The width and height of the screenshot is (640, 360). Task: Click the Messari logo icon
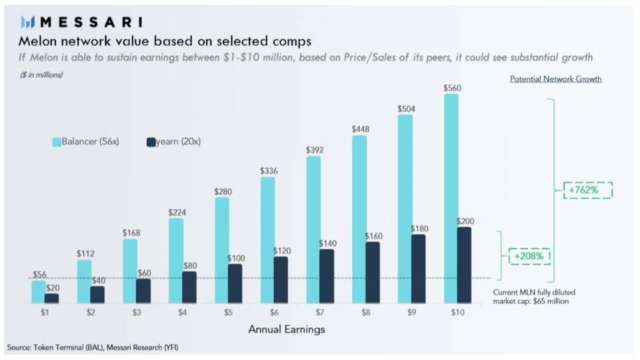coord(27,23)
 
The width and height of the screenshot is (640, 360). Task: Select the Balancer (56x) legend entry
coord(85,142)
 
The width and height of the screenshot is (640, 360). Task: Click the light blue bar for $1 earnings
coord(39,292)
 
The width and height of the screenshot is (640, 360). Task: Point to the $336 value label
coord(268,171)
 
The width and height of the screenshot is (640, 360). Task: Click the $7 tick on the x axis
coord(321,311)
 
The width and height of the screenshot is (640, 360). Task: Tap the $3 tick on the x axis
coord(137,311)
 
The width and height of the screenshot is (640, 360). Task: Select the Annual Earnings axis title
coord(287,329)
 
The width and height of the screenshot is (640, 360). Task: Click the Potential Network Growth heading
coord(555,79)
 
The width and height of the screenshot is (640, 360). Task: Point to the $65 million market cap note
coord(531,297)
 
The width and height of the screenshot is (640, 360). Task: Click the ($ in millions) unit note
coord(41,75)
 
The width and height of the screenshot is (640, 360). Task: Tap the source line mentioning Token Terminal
coord(93,347)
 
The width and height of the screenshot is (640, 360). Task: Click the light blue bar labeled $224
coord(177,261)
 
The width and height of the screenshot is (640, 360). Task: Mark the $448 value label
coord(360,129)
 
